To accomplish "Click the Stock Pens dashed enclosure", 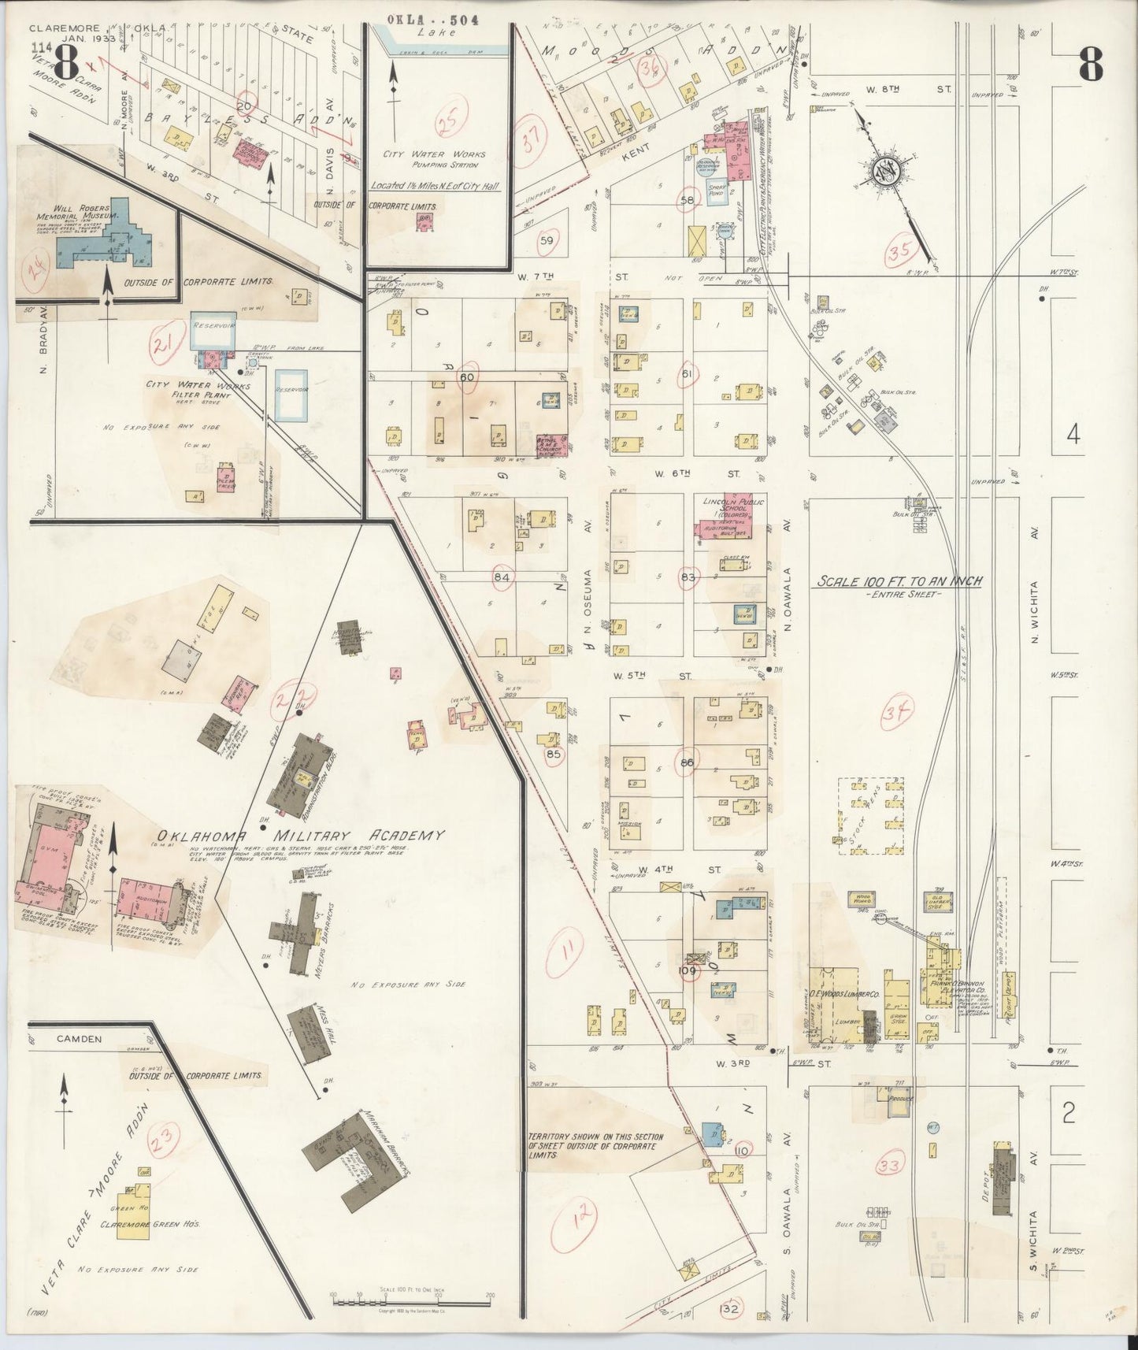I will point(870,817).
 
